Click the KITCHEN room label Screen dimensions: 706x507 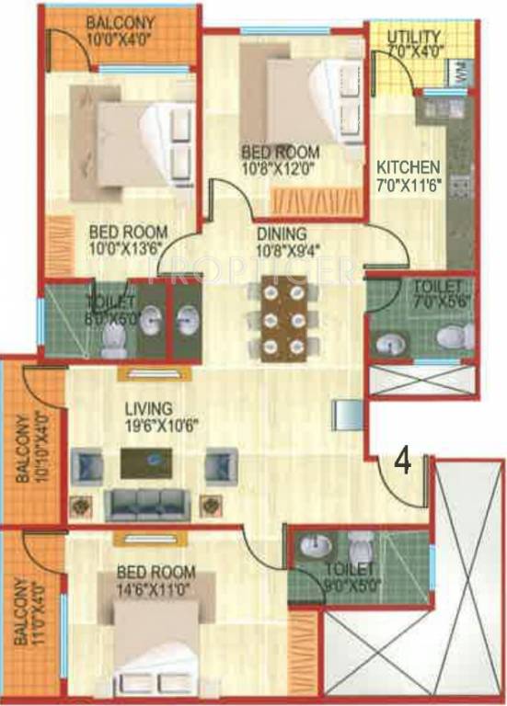409,167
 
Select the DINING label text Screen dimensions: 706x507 282,233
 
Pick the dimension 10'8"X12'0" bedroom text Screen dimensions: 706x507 281,168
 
